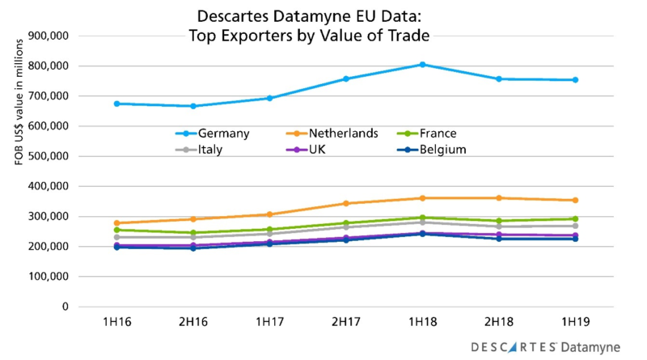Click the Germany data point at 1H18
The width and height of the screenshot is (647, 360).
point(422,65)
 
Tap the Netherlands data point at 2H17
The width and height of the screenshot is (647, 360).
point(345,203)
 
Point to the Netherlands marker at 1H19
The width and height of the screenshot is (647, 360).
point(575,200)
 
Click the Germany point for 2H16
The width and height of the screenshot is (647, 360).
point(192,106)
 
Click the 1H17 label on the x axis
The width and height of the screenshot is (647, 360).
point(269,321)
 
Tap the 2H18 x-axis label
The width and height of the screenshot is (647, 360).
point(498,321)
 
